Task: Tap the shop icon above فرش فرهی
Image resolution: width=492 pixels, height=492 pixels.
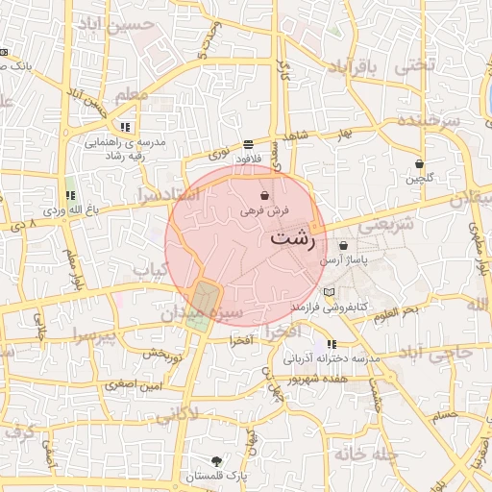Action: [x=264, y=196]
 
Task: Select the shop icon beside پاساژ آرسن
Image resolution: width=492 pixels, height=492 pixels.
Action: [x=343, y=246]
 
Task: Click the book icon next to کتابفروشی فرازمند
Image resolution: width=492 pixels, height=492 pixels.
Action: [x=330, y=292]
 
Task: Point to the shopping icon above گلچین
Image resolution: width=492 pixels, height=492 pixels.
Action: [x=419, y=163]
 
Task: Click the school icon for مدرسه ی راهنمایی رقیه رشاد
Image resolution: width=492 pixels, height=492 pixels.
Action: [x=125, y=127]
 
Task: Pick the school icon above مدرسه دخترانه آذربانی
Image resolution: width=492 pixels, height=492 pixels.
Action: [x=332, y=344]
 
